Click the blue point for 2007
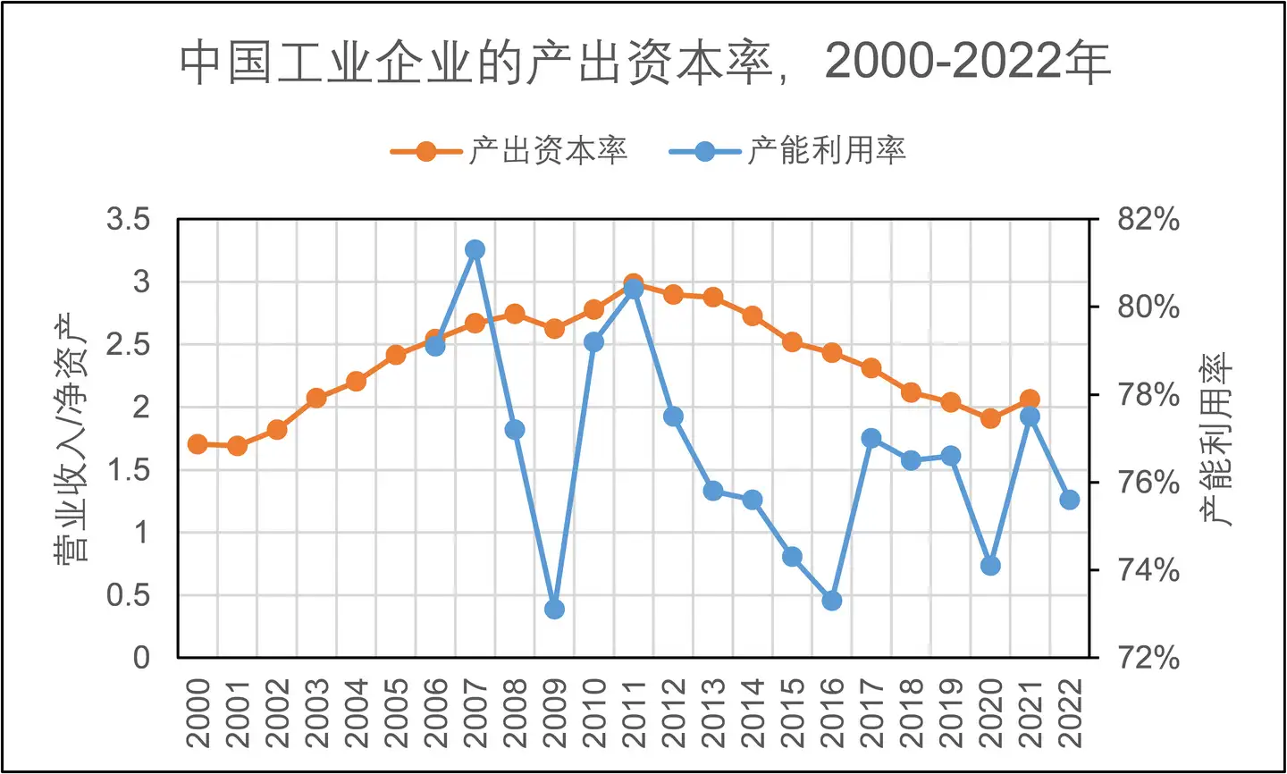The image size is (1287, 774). click(475, 249)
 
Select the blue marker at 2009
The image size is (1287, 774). click(554, 610)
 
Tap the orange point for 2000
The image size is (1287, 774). click(198, 444)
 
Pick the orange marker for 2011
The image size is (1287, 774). click(634, 284)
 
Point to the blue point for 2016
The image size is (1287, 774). click(831, 601)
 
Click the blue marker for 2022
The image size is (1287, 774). click(1069, 500)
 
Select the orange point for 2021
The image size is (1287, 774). click(1030, 400)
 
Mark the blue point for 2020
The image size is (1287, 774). click(990, 566)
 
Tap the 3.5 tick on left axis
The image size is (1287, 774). click(128, 220)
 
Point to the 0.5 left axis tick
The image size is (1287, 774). click(128, 595)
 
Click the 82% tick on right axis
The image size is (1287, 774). click(1148, 220)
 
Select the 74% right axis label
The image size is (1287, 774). click(1148, 570)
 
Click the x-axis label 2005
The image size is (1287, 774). click(396, 712)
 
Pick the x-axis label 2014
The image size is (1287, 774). click(753, 712)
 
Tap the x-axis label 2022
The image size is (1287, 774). click(1070, 712)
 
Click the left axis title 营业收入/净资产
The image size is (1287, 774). click(71, 438)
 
